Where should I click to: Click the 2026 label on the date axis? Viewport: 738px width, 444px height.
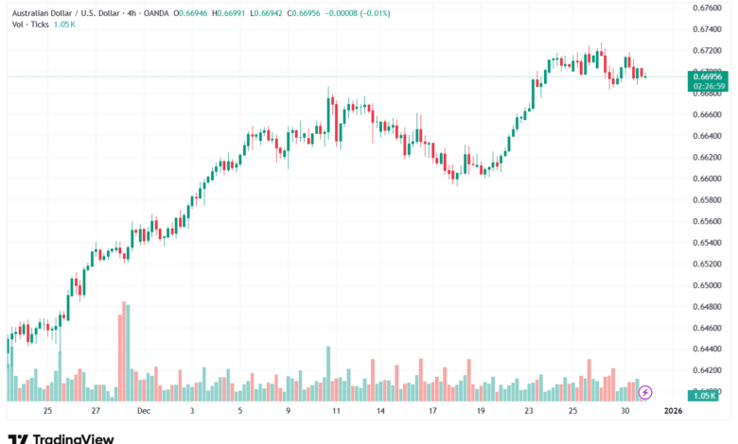[673, 411]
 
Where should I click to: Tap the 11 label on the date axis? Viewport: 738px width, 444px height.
[335, 411]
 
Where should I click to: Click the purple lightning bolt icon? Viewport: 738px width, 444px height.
[646, 391]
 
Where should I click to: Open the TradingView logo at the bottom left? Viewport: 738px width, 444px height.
[61, 437]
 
